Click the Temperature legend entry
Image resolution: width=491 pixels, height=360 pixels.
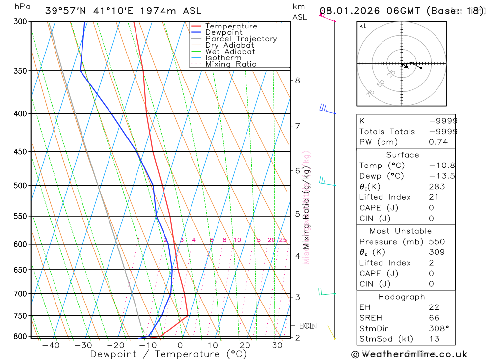231,26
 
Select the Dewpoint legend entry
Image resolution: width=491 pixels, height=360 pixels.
223,32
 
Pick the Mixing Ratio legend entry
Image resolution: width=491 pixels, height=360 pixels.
231,64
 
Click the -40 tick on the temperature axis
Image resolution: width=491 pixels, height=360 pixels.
51,346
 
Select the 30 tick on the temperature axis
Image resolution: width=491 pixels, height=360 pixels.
277,346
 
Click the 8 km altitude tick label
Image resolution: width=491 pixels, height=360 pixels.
298,80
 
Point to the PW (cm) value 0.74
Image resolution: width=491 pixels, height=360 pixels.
438,142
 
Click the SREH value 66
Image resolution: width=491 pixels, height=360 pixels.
434,318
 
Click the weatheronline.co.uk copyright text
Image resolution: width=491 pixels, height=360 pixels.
409,354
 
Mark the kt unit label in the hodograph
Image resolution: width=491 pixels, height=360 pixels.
363,26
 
